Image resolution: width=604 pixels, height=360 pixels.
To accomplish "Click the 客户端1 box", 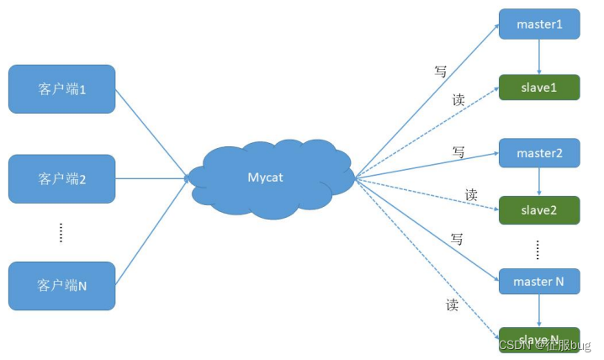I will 62,88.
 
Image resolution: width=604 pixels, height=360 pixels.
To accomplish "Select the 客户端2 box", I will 62,178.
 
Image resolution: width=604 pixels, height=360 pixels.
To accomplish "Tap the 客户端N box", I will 62,285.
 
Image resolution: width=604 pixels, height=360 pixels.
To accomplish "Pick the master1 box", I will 539,24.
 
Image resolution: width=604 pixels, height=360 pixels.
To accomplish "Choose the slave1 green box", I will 539,87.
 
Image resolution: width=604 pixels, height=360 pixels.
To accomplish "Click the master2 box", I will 539,154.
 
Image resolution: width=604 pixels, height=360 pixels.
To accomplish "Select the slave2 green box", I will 539,209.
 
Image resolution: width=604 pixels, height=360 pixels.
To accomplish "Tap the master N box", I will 539,281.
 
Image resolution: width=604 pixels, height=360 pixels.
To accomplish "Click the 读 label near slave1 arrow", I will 458,99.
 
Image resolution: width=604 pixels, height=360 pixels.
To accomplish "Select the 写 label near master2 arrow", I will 458,152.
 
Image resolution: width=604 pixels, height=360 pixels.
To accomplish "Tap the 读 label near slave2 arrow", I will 472,195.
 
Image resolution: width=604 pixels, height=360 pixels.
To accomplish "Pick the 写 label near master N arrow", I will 457,239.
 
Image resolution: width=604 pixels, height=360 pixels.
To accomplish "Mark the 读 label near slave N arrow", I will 453,304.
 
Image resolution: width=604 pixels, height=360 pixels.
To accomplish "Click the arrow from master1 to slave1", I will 539,56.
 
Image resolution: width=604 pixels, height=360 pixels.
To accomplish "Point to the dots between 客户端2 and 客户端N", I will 61,233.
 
